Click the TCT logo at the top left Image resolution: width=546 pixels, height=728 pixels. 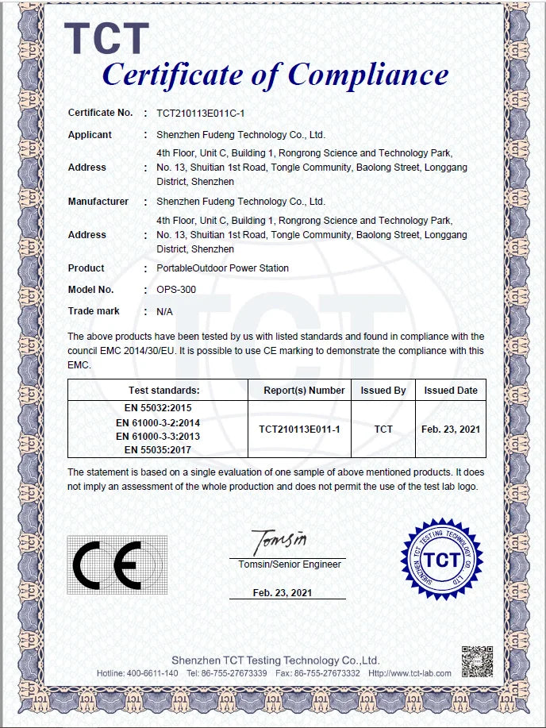tap(106, 38)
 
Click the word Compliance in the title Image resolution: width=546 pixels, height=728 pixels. tap(367, 75)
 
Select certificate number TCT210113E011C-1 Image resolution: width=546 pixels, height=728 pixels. tap(200, 114)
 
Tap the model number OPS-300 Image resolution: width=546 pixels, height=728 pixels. tap(176, 290)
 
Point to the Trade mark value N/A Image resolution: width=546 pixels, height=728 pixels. tap(165, 311)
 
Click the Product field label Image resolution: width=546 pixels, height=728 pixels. tap(86, 268)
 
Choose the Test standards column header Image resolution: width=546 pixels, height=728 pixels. tap(164, 391)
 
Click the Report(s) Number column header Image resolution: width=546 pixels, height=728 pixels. tap(304, 391)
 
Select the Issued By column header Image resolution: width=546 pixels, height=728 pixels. tap(383, 391)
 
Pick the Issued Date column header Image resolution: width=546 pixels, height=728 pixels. tap(451, 391)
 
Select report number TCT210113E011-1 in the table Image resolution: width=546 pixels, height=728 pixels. tap(299, 429)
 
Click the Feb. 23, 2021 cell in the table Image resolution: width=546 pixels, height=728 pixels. tap(451, 429)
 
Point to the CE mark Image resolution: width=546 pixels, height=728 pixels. tap(106, 565)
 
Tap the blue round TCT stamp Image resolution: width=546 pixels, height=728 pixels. tap(442, 560)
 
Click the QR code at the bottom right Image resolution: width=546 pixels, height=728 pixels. tap(478, 661)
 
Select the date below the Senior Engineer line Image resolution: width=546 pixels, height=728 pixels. tap(283, 593)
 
